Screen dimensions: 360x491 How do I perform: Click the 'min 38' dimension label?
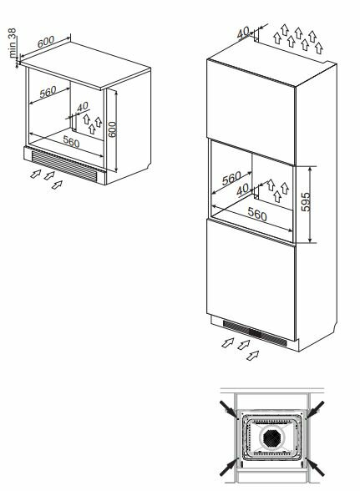pyautogui.click(x=13, y=43)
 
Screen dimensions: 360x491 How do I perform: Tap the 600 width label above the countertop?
pyautogui.click(x=46, y=42)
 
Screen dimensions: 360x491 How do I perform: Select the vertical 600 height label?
pyautogui.click(x=112, y=129)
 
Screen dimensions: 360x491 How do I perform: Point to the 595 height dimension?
pyautogui.click(x=306, y=202)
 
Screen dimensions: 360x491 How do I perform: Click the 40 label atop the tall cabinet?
pyautogui.click(x=243, y=33)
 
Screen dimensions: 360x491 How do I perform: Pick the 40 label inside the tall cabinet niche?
pyautogui.click(x=242, y=190)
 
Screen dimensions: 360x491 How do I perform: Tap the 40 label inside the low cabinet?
pyautogui.click(x=83, y=107)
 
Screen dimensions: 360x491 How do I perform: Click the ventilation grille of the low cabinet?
pyautogui.click(x=64, y=165)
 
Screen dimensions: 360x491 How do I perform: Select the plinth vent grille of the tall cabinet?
pyautogui.click(x=255, y=333)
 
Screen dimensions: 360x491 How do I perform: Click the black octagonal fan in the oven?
pyautogui.click(x=271, y=438)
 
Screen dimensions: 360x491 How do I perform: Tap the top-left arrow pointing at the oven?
pyautogui.click(x=229, y=409)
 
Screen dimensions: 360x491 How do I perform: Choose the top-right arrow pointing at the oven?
pyautogui.click(x=314, y=409)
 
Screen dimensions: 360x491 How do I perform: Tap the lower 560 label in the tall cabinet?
pyautogui.click(x=257, y=215)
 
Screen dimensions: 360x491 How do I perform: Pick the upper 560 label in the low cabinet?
pyautogui.click(x=48, y=92)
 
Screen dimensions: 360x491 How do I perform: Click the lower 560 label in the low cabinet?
pyautogui.click(x=72, y=142)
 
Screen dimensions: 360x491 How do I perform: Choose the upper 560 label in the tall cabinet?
pyautogui.click(x=231, y=179)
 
